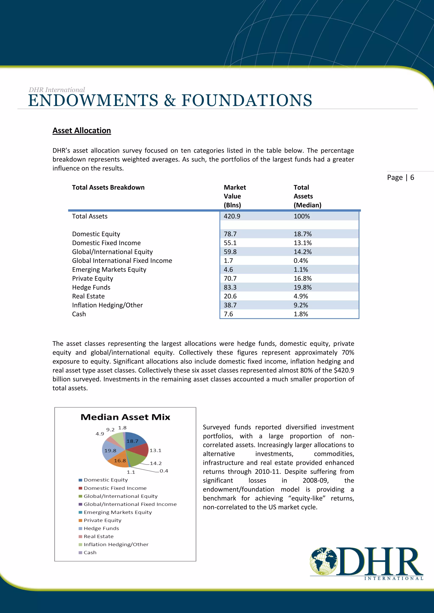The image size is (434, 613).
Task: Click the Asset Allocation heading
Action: click(82, 131)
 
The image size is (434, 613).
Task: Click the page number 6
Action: click(412, 178)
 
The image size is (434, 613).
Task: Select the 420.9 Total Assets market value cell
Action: click(232, 216)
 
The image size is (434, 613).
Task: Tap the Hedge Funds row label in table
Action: click(91, 287)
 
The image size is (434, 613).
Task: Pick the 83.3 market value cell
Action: click(230, 287)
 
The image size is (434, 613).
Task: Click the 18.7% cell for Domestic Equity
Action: click(303, 234)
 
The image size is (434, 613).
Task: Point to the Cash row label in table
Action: click(79, 314)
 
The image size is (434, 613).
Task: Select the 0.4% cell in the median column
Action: click(301, 261)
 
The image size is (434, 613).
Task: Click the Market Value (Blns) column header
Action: click(235, 196)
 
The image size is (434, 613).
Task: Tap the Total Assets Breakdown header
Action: click(108, 187)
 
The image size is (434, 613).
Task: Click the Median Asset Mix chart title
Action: click(125, 417)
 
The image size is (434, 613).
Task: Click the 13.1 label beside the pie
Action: click(155, 450)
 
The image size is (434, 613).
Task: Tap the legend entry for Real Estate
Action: click(98, 536)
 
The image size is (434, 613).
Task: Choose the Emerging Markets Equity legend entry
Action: click(118, 512)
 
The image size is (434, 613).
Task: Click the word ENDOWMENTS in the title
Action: click(93, 100)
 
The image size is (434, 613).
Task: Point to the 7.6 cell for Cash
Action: click(228, 314)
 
